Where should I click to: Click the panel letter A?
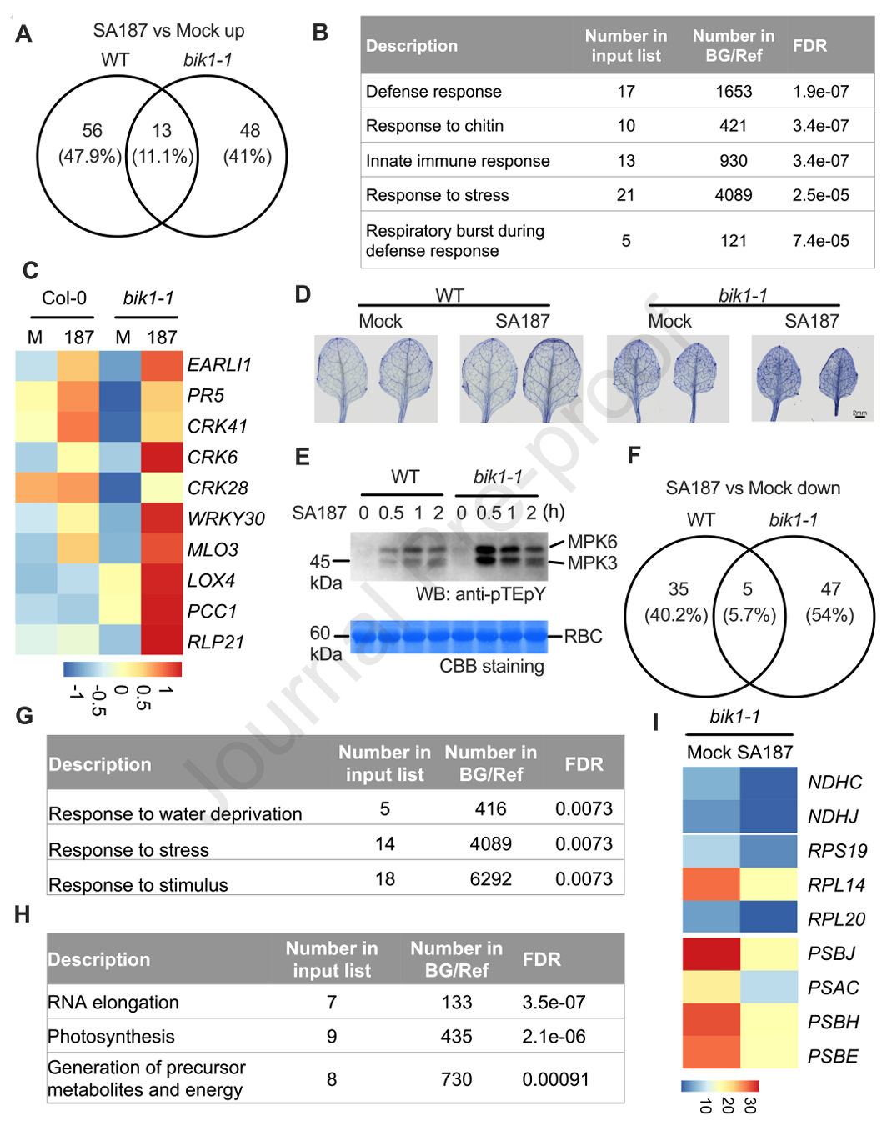pos(24,34)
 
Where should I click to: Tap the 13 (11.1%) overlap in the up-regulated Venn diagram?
pos(163,143)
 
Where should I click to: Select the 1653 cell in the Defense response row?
pos(734,92)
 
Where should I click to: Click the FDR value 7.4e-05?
pos(820,241)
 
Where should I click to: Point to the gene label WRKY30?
pos(226,518)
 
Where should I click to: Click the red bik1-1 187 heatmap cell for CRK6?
pos(162,458)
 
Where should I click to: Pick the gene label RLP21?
pos(216,642)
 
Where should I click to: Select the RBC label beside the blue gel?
pos(583,636)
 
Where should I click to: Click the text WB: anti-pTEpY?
pos(481,594)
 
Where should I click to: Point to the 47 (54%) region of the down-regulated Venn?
pos(830,603)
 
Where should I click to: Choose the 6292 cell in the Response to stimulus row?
pos(490,878)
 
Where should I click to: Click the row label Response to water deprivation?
pos(176,814)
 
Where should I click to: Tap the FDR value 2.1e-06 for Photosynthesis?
pos(554,1036)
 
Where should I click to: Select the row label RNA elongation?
pos(113,1002)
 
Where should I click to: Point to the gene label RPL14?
pos(836,885)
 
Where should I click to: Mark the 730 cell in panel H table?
pos(456,1079)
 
